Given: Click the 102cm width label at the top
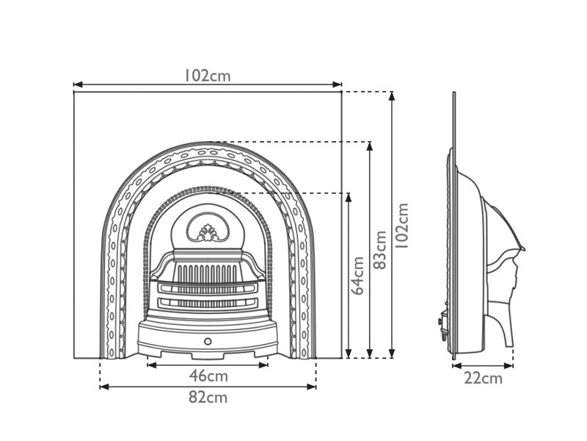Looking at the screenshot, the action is (x=207, y=76).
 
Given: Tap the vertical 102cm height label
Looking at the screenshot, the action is (x=402, y=226).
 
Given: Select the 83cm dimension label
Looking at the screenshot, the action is (x=380, y=250).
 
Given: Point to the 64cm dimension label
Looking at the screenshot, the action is (x=358, y=276).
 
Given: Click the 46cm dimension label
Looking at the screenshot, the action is (x=208, y=376).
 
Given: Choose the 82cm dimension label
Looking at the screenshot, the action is (x=208, y=397).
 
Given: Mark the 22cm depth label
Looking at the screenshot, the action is (x=483, y=379).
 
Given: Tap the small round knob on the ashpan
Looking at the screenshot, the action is (x=208, y=341).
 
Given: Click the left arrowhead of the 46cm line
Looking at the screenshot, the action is (x=151, y=365).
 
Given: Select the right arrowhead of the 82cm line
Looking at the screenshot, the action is (x=312, y=387).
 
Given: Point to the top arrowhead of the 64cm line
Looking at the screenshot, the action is (x=349, y=198).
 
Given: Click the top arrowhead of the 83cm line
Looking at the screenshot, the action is (x=370, y=146).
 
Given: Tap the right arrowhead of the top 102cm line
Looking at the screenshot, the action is (x=338, y=85).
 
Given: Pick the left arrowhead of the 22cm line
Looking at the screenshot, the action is (x=456, y=365).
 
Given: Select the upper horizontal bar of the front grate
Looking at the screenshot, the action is (x=208, y=288).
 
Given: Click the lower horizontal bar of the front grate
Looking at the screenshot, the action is (x=208, y=303).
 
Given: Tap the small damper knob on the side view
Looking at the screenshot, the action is (x=440, y=321).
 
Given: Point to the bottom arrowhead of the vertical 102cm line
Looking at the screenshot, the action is (x=392, y=354).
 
